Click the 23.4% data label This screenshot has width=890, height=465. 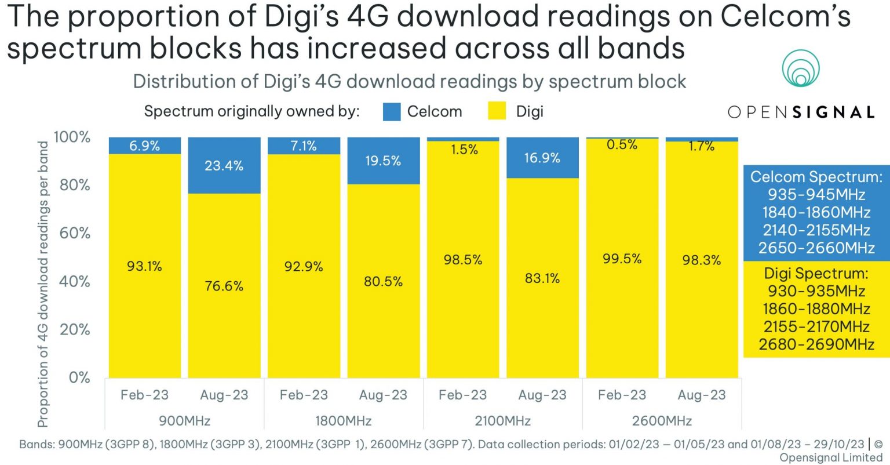(x=224, y=166)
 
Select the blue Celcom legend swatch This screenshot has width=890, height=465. (x=392, y=111)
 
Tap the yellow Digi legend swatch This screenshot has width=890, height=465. (x=497, y=111)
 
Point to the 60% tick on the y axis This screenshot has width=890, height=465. (x=75, y=233)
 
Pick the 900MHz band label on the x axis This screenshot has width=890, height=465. (x=184, y=420)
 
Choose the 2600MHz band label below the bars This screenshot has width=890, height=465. (x=662, y=420)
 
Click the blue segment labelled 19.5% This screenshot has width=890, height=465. (x=383, y=161)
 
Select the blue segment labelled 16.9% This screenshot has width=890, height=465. (x=542, y=158)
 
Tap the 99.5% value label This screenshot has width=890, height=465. (x=622, y=259)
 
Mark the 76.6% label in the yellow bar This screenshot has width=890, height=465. (x=224, y=286)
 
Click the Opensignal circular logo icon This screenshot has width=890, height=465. (x=800, y=69)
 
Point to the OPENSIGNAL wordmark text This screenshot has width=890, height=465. (x=801, y=112)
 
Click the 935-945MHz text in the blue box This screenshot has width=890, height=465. (x=816, y=194)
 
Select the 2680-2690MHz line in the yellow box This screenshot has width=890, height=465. (x=816, y=344)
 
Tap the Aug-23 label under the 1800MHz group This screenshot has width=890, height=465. (x=383, y=395)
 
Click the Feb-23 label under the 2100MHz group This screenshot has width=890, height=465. (x=462, y=395)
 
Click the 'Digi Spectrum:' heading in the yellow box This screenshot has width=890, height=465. (x=816, y=273)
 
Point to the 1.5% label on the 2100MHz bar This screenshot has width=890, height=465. (x=464, y=150)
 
